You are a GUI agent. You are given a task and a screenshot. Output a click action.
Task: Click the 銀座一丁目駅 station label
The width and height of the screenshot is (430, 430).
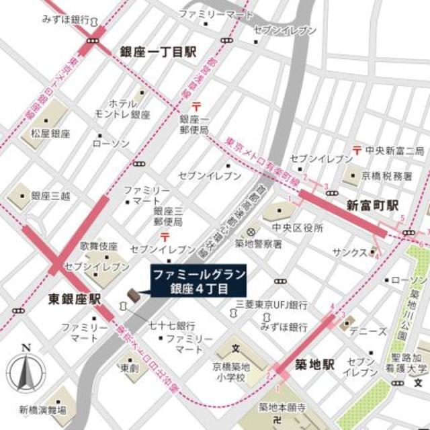tap(158, 52)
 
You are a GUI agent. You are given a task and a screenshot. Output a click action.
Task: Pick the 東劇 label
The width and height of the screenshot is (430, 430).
tap(129, 368)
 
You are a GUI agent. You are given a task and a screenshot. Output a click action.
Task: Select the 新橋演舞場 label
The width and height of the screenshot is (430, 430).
tap(42, 409)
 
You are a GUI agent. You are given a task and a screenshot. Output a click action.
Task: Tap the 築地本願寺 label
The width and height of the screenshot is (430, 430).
tap(283, 408)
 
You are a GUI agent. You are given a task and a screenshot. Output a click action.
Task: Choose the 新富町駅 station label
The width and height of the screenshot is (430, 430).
tap(373, 205)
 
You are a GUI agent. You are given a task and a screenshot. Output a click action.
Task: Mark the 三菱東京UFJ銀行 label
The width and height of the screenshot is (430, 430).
tap(271, 304)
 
